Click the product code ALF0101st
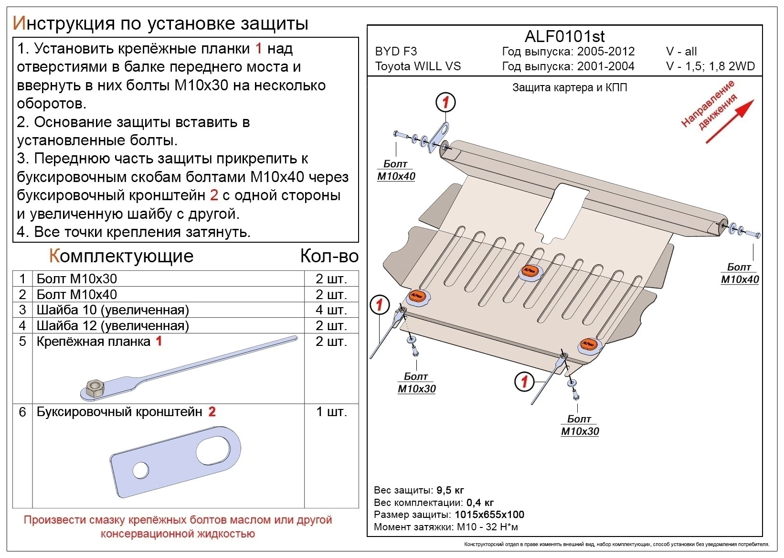[x=564, y=36]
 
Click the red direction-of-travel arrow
[x=729, y=121]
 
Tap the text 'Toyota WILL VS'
[x=418, y=66]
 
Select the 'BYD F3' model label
[x=396, y=51]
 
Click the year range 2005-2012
[x=605, y=51]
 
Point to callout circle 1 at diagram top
[x=445, y=102]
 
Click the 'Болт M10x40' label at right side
[x=739, y=273]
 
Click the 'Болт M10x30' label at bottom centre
[x=579, y=425]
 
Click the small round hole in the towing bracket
[x=141, y=470]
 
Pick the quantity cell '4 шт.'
[x=331, y=310]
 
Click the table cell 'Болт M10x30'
[x=76, y=279]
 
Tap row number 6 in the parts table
[x=22, y=412]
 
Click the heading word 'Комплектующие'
[x=121, y=256]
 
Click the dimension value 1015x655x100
[x=489, y=515]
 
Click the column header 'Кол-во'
[x=329, y=256]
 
